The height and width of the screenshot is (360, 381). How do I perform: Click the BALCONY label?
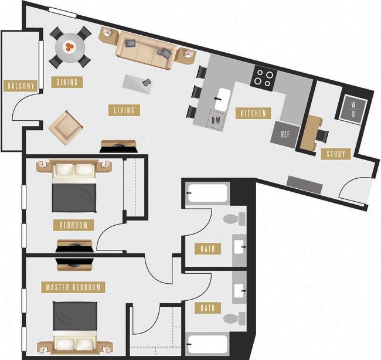tap(21, 86)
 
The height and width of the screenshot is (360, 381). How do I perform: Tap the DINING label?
tap(67, 82)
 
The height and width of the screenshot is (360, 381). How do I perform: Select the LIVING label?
tap(123, 110)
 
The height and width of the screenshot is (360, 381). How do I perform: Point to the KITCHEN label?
tap(253, 113)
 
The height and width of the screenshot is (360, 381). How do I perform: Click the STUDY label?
tap(336, 154)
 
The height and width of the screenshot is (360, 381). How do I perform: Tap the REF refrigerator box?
tap(285, 134)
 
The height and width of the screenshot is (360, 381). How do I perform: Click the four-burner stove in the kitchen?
tap(263, 78)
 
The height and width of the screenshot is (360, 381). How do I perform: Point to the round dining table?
tap(70, 46)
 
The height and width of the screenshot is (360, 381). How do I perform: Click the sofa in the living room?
tap(144, 47)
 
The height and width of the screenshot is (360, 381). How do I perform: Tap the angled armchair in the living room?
tap(65, 126)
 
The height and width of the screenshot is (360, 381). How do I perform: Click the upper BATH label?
tap(207, 249)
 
